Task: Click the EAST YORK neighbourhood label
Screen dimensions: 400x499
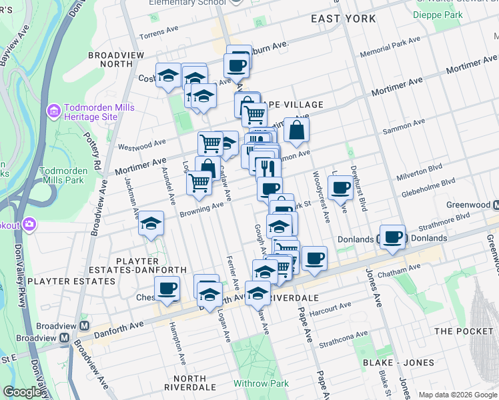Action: (344, 19)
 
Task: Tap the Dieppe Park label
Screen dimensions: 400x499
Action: (437, 15)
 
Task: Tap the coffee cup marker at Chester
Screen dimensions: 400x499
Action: (167, 289)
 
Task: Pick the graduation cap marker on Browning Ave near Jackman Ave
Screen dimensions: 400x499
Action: (151, 224)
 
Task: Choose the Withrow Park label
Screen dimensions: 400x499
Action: (261, 383)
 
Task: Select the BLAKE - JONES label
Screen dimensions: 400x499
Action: (398, 363)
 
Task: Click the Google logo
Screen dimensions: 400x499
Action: (22, 392)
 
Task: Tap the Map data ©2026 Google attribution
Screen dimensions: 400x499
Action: (457, 395)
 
